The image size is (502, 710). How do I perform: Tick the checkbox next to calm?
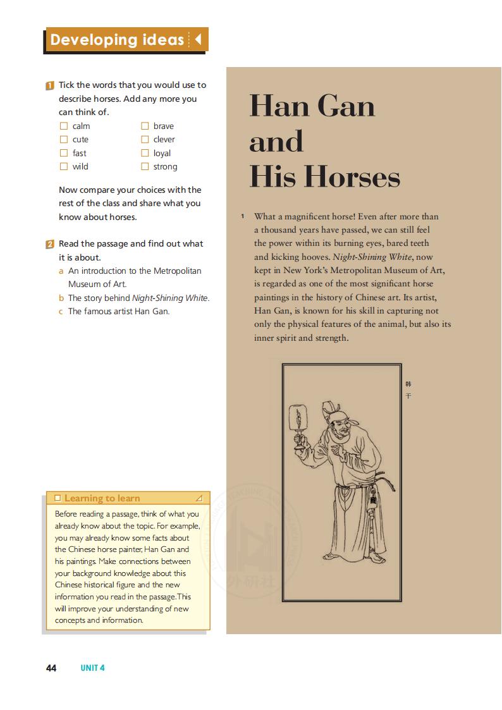[x=63, y=126]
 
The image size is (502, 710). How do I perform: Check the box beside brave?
[x=145, y=126]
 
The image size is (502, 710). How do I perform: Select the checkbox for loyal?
[x=145, y=153]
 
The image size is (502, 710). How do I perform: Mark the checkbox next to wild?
[x=63, y=166]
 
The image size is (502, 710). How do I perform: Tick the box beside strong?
[x=145, y=166]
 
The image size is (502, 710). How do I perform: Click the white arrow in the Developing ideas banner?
[x=198, y=40]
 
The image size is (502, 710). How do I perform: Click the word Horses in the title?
[x=353, y=176]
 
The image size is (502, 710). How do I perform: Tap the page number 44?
[x=51, y=668]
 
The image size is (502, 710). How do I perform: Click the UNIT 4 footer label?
[x=92, y=668]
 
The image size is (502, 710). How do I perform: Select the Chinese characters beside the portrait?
[x=408, y=389]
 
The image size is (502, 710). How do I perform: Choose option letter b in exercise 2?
[x=62, y=298]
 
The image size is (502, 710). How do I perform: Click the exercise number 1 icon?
[x=49, y=85]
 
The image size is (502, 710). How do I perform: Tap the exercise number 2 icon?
[x=49, y=244]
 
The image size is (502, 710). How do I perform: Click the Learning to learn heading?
[x=102, y=498]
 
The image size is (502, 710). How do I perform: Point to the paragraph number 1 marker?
[x=242, y=216]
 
